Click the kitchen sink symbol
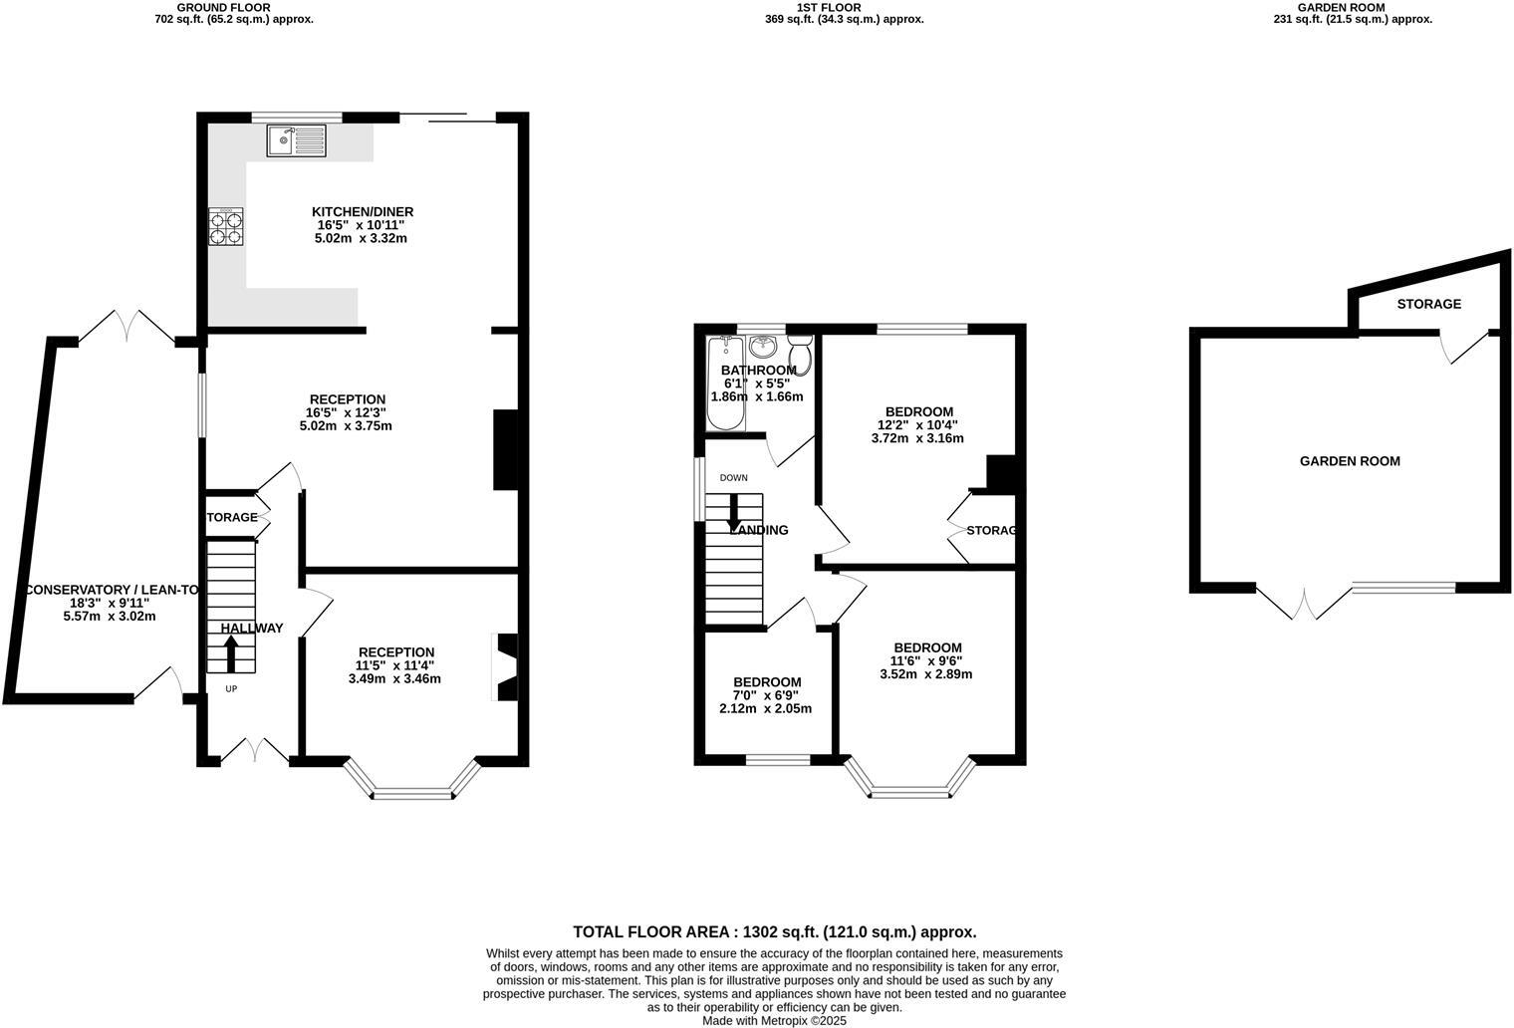pos(296,140)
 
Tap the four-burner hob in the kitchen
pos(226,226)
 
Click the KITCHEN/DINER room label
pos(363,212)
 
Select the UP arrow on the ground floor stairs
pos(231,653)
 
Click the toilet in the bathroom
pos(799,352)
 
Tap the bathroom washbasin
pos(764,347)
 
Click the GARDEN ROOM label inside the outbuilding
pos(1350,461)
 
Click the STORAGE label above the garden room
pos(1428,304)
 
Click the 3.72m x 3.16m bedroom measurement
pos(917,438)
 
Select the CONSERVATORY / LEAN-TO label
pos(110,590)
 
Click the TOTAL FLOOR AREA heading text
pos(774,932)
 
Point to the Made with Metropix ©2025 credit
pos(774,1021)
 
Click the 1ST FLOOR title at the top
pos(829,7)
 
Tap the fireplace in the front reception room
pos(506,667)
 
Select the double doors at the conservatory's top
pos(126,327)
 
